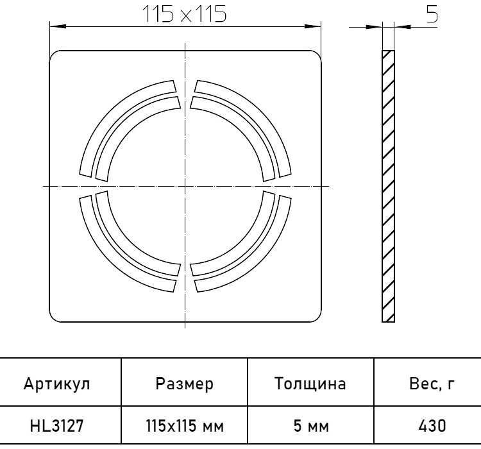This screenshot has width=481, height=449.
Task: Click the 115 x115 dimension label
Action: click(185, 14)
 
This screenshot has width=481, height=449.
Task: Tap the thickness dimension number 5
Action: click(432, 14)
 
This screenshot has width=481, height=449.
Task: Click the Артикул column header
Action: click(57, 384)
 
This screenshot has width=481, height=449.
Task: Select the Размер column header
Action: click(184, 384)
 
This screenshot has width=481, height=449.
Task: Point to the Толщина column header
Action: click(310, 384)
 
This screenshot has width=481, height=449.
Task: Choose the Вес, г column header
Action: click(432, 384)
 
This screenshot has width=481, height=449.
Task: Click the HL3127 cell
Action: click(56, 426)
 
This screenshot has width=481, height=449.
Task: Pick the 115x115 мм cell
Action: click(185, 426)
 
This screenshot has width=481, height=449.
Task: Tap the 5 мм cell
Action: click(311, 426)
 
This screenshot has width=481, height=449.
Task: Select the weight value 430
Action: click(432, 426)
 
